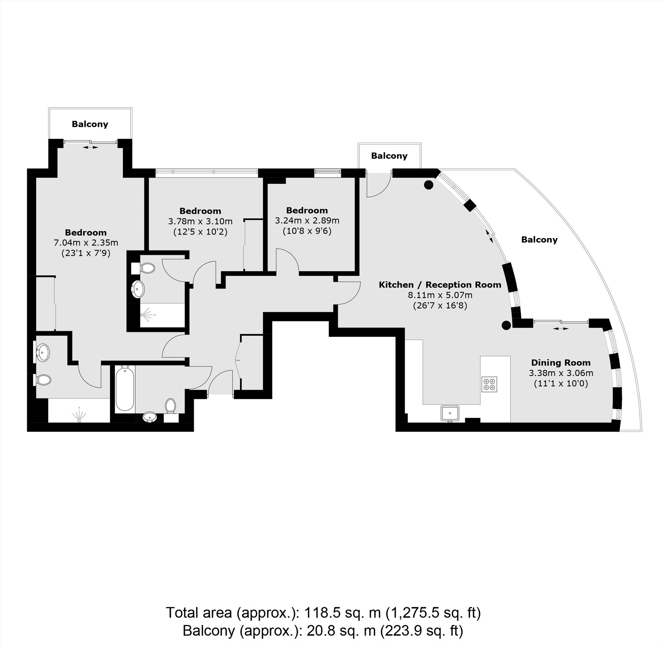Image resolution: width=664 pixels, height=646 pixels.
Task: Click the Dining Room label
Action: (561, 363)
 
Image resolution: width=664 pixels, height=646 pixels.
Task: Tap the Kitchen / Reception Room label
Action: (440, 285)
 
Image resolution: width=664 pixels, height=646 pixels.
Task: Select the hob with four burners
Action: (489, 384)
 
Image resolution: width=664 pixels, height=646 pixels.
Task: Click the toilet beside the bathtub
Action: (170, 406)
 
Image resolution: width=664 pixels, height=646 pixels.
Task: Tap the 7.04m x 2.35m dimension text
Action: (86, 243)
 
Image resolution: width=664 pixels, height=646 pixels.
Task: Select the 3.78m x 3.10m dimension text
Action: (200, 221)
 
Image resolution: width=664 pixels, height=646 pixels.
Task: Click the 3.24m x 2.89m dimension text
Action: (307, 221)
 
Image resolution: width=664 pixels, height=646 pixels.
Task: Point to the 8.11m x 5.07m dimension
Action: (440, 295)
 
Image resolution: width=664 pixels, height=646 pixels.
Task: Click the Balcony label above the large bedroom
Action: (90, 124)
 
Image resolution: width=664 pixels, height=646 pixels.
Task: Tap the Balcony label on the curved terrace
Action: (539, 240)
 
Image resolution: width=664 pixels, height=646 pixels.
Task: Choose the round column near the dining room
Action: (506, 325)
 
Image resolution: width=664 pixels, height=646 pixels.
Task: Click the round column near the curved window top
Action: (429, 185)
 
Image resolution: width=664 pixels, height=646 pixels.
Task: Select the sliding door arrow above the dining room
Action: (561, 328)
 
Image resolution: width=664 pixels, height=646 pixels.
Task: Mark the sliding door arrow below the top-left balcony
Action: (90, 147)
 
